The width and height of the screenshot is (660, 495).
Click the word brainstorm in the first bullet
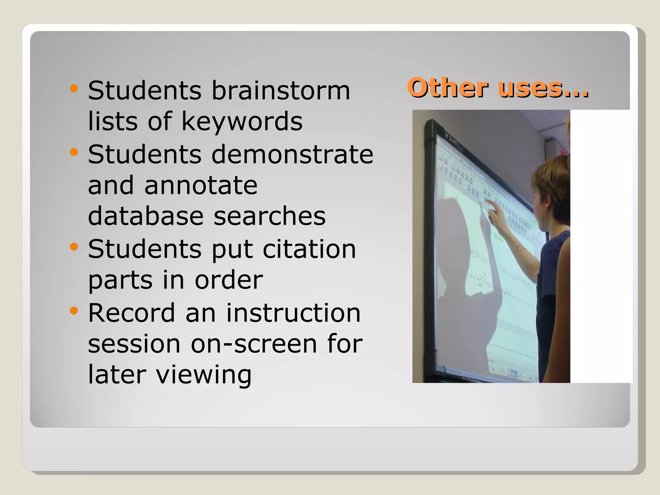280,91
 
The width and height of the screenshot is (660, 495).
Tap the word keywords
242,122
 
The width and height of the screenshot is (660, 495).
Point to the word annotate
201,186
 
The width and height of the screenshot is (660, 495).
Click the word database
146,216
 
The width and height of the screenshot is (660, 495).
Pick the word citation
309,249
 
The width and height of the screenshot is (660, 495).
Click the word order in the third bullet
229,280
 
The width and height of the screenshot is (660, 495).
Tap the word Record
131,313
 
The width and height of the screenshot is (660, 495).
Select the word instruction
293,313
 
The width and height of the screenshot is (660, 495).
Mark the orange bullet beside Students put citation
74,247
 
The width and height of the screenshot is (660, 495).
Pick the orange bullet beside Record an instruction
74,311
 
